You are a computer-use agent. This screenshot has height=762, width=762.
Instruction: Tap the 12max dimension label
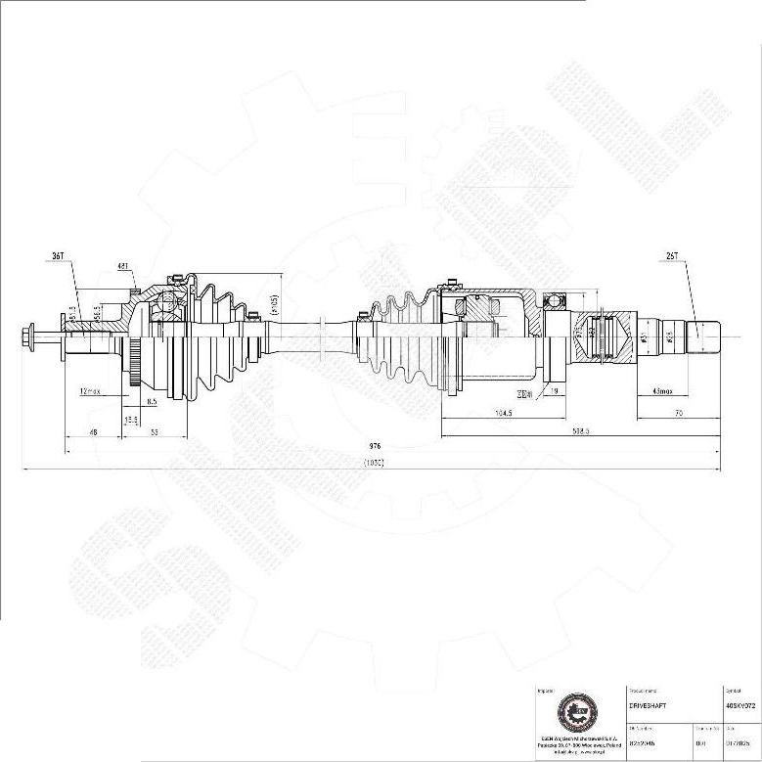click(x=90, y=391)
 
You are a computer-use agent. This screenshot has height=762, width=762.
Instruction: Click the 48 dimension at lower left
click(x=93, y=431)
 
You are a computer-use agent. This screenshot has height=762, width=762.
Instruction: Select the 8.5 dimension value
click(x=152, y=401)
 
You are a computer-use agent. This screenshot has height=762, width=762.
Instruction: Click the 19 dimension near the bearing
click(x=553, y=391)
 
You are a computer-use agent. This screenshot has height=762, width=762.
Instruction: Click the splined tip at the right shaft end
click(x=705, y=337)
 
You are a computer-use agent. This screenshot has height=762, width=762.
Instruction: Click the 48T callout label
click(x=123, y=265)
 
